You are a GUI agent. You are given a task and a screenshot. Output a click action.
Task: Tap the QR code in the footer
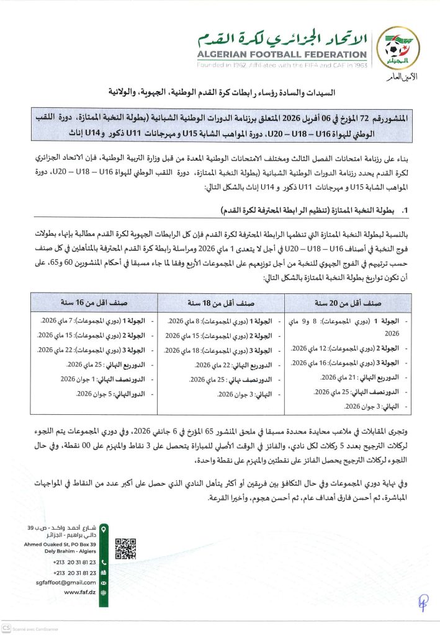click(x=125, y=548)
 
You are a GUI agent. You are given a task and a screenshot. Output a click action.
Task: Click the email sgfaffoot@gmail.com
click(x=66, y=582)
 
